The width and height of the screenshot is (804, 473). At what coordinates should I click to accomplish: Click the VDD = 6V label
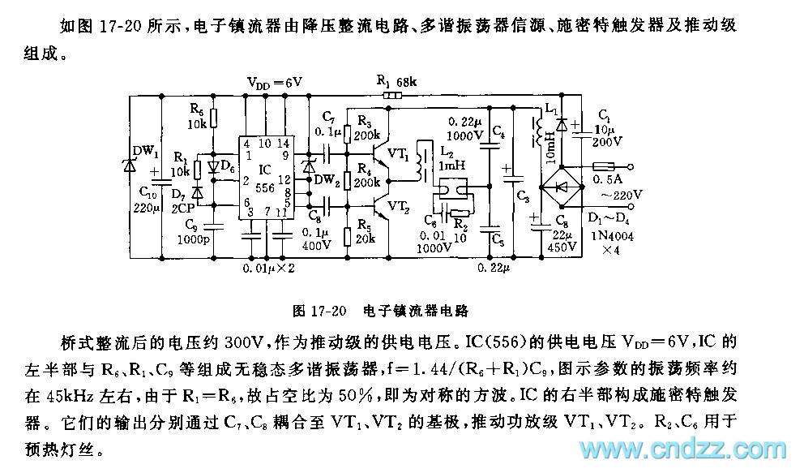(274, 82)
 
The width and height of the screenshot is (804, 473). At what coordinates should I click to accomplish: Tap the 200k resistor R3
(349, 127)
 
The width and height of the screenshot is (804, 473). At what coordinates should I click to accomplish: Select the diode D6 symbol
(214, 168)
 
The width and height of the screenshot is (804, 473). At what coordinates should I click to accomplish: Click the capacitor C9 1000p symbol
(213, 228)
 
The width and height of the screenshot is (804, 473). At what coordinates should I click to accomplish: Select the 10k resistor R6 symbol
(213, 120)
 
